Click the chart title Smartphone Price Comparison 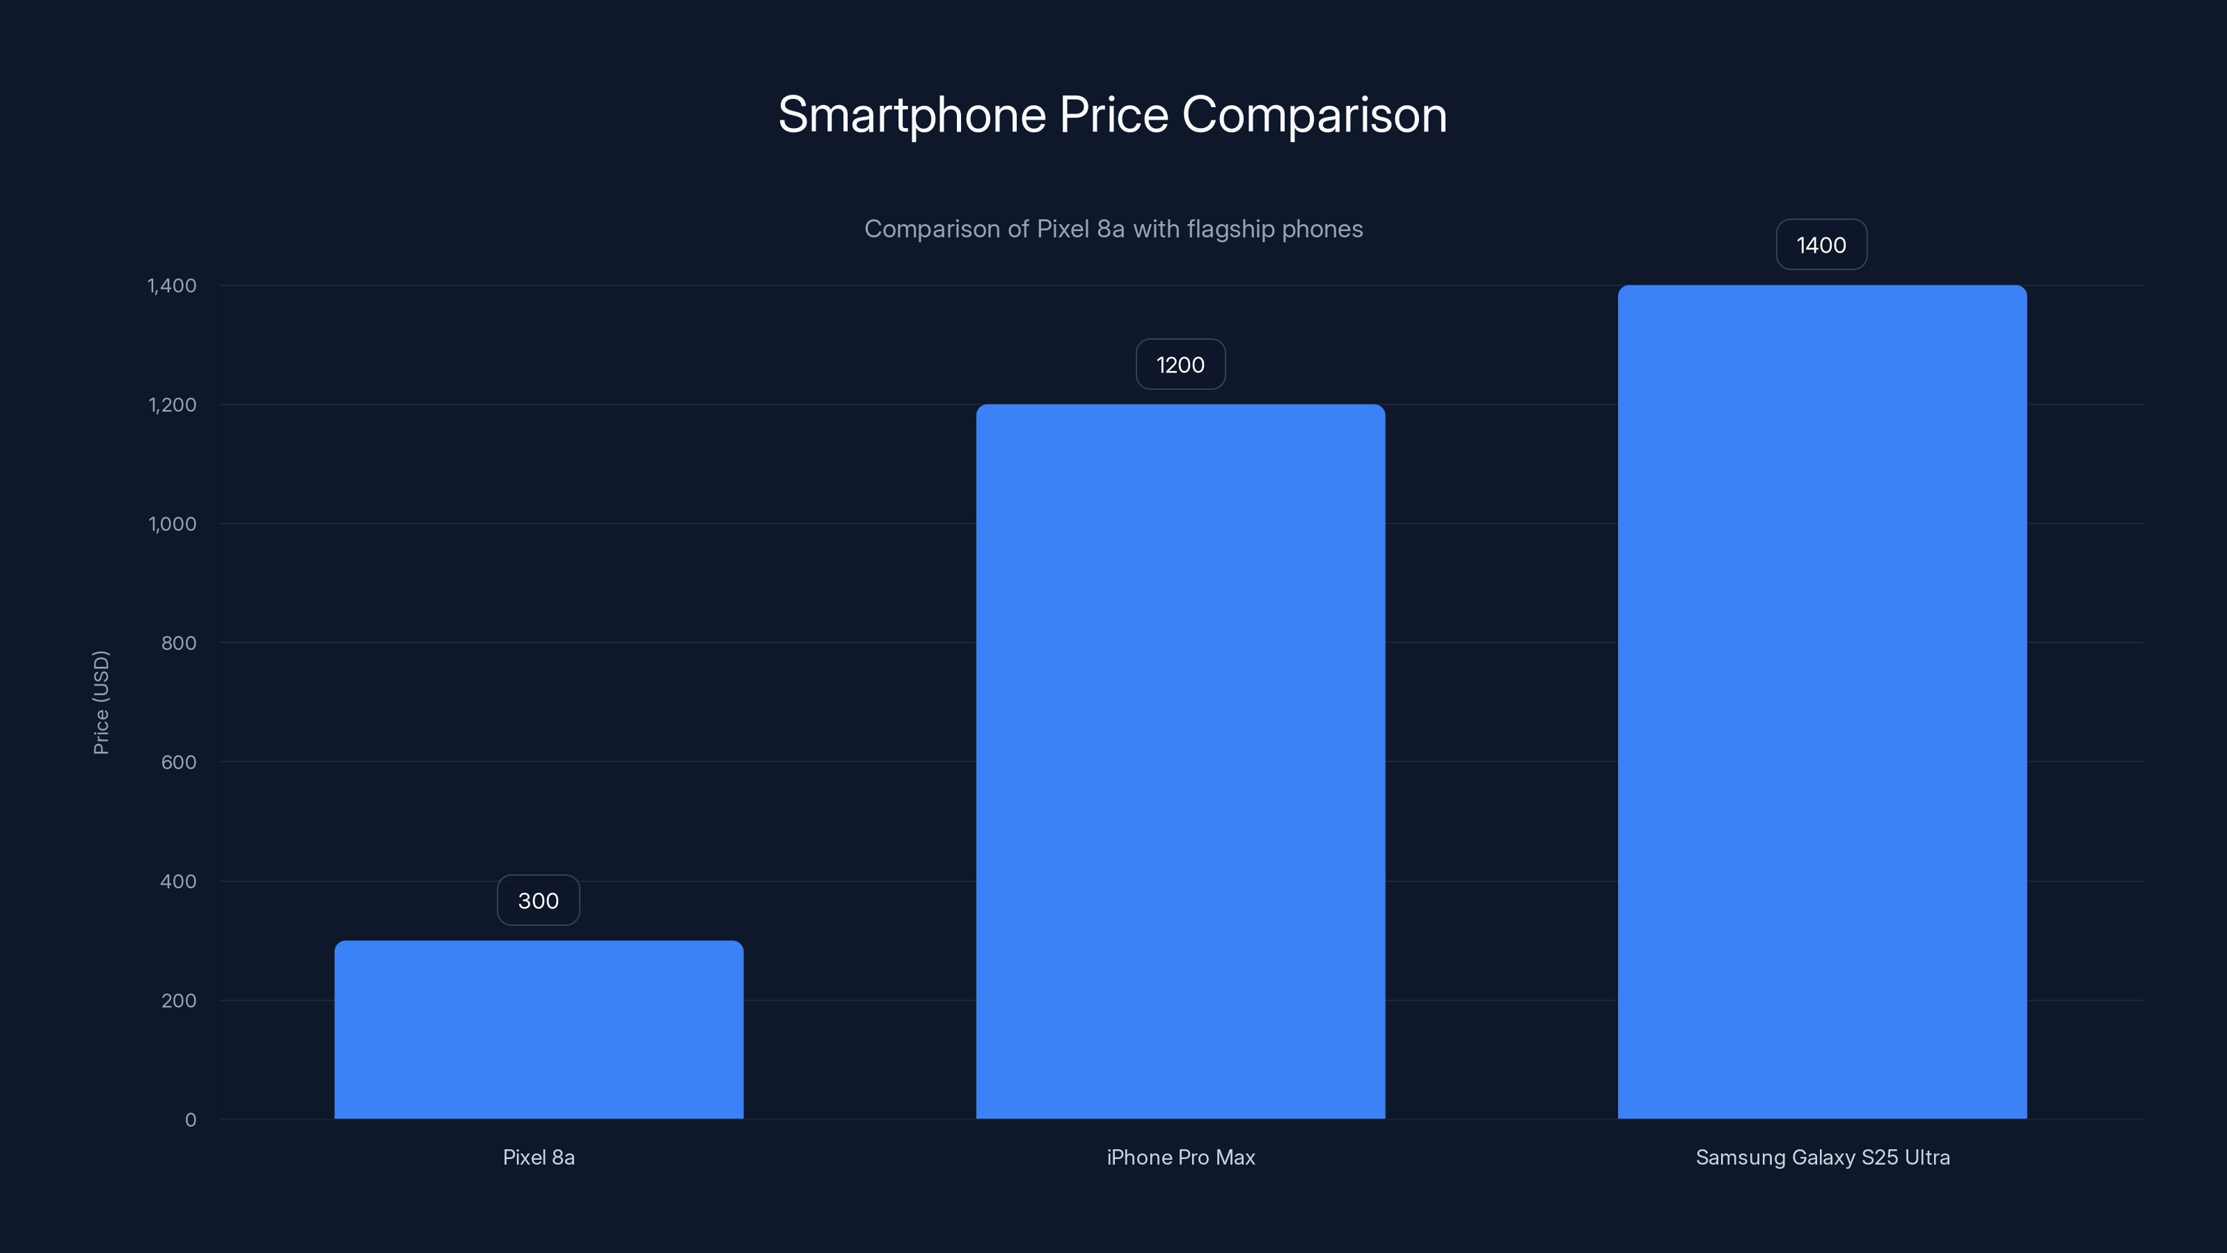click(1113, 115)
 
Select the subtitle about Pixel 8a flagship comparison click(1113, 229)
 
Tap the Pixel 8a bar click(539, 1029)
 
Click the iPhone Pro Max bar click(1180, 761)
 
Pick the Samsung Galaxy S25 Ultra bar click(1821, 701)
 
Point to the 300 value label click(538, 900)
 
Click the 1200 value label click(1180, 365)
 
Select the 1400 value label click(1821, 246)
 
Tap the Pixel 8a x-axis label click(539, 1157)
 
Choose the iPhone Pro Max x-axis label click(1180, 1157)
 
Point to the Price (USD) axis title click(101, 702)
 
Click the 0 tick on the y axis click(190, 1120)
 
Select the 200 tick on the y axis click(178, 1000)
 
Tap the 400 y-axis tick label click(178, 881)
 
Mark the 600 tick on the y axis click(178, 762)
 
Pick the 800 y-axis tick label click(178, 643)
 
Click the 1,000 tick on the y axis click(172, 524)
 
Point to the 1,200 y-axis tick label click(172, 404)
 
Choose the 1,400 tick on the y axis click(172, 285)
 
